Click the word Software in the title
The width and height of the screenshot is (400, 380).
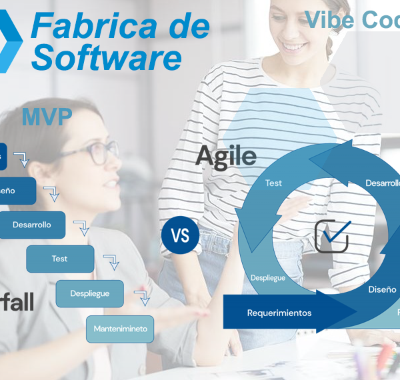click(107, 58)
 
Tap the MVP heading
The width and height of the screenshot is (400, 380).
click(46, 117)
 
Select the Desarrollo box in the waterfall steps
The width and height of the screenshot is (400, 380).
click(32, 225)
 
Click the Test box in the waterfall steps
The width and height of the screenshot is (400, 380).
click(60, 259)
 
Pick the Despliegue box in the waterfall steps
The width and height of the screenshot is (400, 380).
click(90, 293)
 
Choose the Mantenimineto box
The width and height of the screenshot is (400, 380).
click(121, 329)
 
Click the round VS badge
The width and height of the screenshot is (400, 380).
click(180, 236)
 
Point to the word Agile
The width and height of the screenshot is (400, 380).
click(226, 156)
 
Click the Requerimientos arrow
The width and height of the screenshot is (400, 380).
click(280, 313)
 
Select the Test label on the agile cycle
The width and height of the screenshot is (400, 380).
click(273, 183)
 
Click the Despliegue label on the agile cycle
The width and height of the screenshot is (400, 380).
click(268, 277)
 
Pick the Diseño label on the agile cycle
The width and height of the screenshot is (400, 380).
click(382, 289)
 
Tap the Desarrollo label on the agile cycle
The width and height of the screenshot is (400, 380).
click(383, 183)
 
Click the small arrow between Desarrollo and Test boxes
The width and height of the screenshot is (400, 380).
click(82, 229)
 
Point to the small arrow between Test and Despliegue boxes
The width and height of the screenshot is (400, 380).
click(111, 262)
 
